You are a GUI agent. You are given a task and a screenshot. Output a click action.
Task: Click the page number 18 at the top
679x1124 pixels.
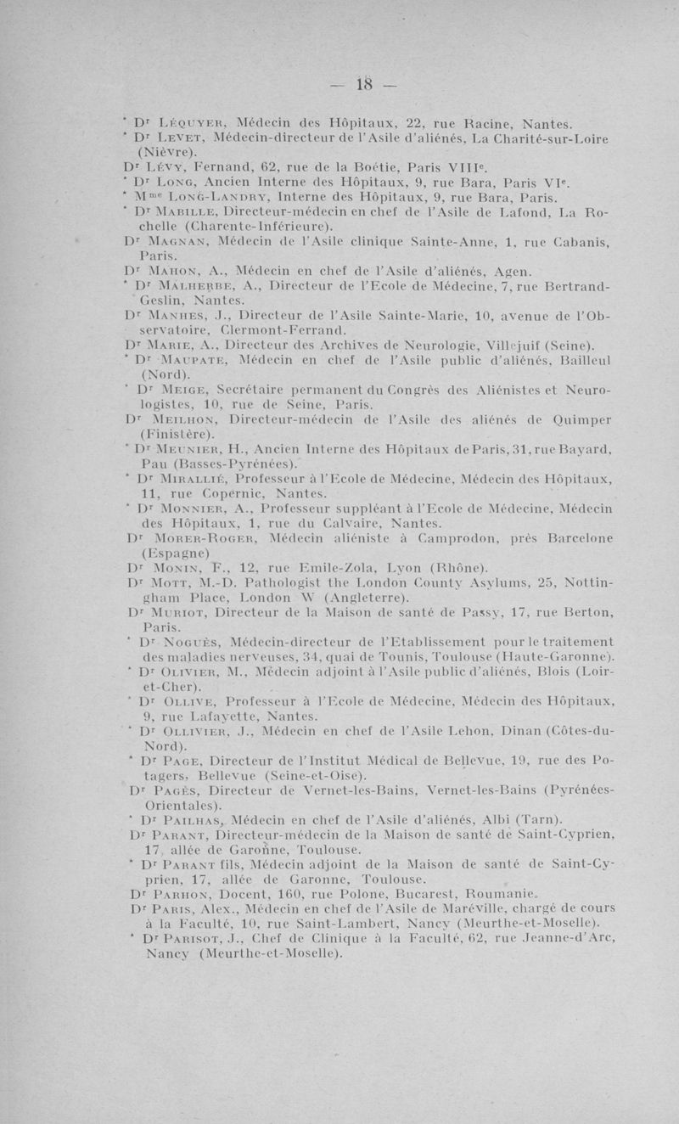(x=365, y=83)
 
